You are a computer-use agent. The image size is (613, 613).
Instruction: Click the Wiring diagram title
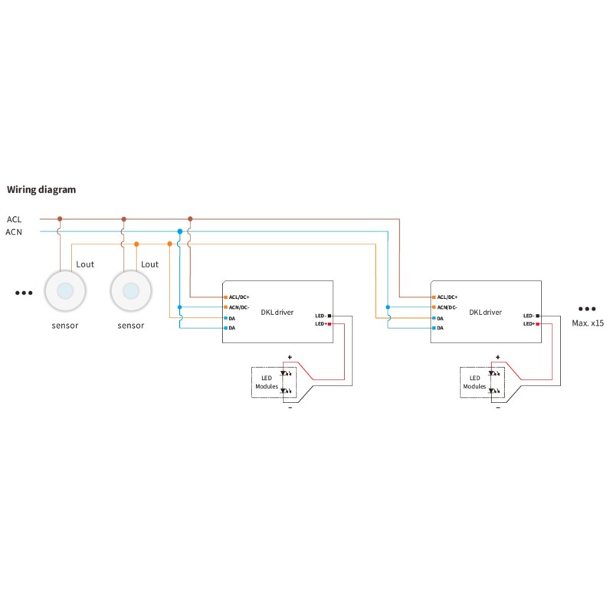[x=41, y=189]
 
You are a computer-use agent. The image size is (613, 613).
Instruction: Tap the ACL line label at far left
[x=14, y=219]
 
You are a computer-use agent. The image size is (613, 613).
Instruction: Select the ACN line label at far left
[x=14, y=231]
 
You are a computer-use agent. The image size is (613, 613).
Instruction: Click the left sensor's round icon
[x=65, y=291]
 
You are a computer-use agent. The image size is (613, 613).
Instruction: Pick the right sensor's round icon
[x=131, y=291]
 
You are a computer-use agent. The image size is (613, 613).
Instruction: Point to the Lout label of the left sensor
[x=84, y=264]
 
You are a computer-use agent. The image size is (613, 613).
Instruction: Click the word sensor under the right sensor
[x=131, y=326]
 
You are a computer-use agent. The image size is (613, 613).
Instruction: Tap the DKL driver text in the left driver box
[x=277, y=312]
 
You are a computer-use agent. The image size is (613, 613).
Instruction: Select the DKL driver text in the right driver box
[x=486, y=312]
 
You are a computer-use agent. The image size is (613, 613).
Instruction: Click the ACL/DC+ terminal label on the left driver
[x=240, y=297]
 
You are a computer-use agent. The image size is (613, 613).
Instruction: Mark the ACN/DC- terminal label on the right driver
[x=447, y=307]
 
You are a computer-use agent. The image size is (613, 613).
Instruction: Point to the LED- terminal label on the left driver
[x=320, y=316]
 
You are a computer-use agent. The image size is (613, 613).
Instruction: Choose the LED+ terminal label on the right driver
[x=529, y=324]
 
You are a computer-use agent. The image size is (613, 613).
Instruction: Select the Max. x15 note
[x=588, y=323]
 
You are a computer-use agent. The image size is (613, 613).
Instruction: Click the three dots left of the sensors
[x=24, y=293]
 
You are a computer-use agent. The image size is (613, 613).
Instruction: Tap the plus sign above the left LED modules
[x=290, y=357]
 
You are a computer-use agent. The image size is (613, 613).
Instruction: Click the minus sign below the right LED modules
[x=498, y=408]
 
